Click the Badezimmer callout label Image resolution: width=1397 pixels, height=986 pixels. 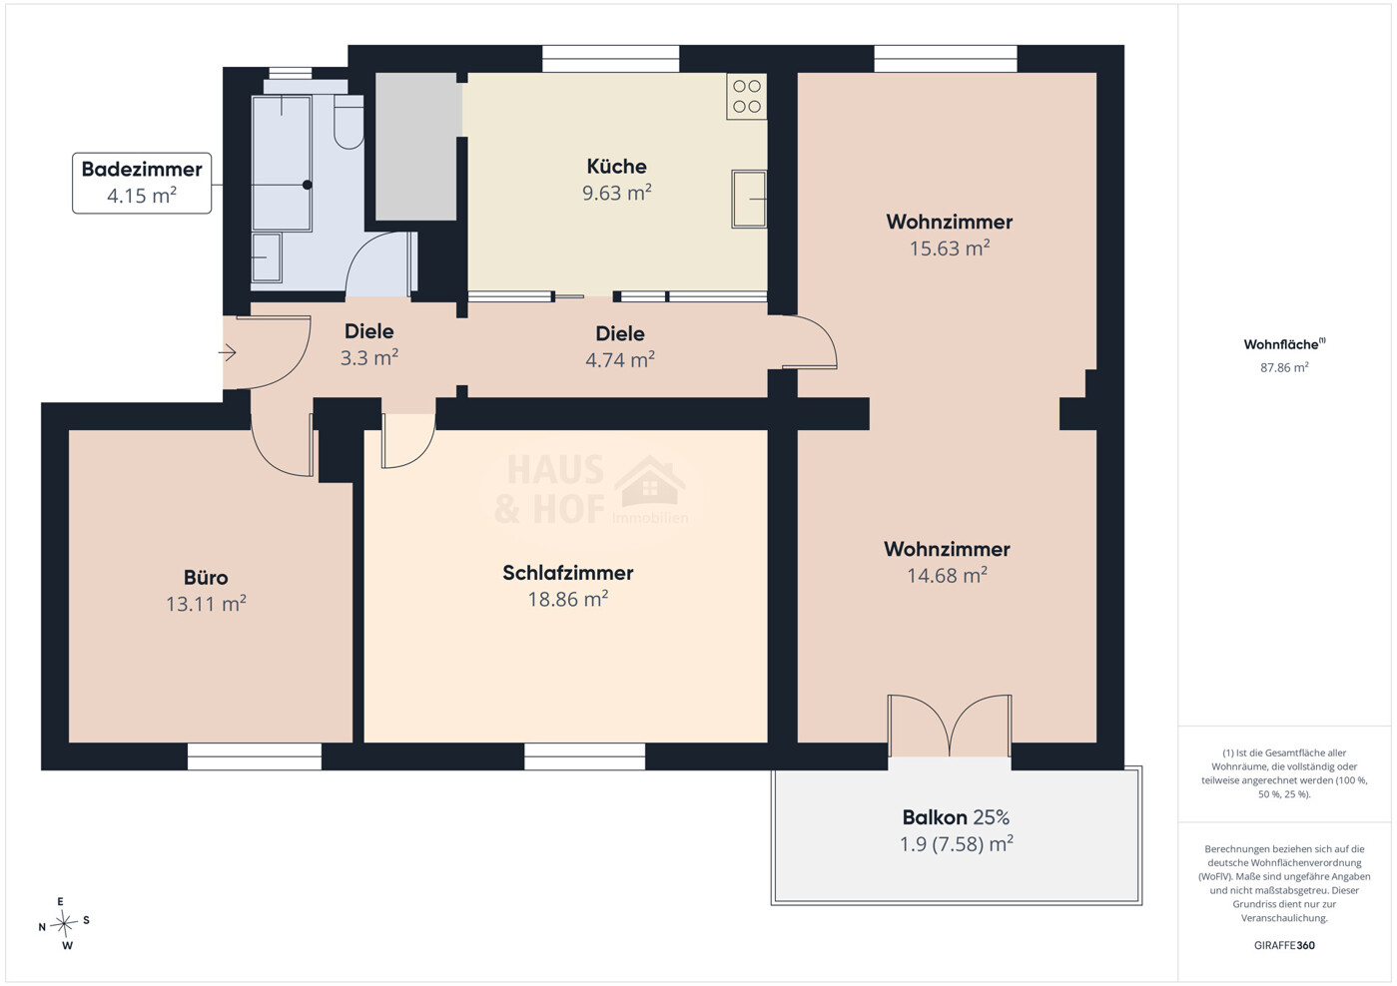pyautogui.click(x=142, y=184)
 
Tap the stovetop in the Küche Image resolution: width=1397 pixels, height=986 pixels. pyautogui.click(x=747, y=96)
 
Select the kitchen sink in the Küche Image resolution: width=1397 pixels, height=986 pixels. pyautogui.click(x=749, y=199)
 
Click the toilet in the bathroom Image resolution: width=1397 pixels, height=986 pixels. pyautogui.click(x=349, y=122)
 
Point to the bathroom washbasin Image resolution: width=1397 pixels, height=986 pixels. pyautogui.click(x=267, y=257)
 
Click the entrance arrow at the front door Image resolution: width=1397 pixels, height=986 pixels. pyautogui.click(x=227, y=352)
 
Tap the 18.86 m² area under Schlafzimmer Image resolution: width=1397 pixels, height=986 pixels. pyautogui.click(x=567, y=599)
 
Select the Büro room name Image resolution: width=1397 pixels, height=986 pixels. pyautogui.click(x=206, y=577)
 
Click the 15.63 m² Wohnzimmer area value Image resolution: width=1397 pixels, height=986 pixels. pyautogui.click(x=950, y=248)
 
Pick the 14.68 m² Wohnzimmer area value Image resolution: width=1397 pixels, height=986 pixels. pyautogui.click(x=947, y=575)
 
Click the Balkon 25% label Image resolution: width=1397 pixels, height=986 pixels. pyautogui.click(x=956, y=817)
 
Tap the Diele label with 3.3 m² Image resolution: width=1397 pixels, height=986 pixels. pyautogui.click(x=369, y=331)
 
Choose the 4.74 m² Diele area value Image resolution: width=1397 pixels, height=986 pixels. pyautogui.click(x=620, y=359)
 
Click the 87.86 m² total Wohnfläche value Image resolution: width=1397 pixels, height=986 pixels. pyautogui.click(x=1284, y=367)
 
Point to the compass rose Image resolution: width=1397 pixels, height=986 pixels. pyautogui.click(x=64, y=924)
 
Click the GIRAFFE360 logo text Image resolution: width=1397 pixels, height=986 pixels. pyautogui.click(x=1284, y=945)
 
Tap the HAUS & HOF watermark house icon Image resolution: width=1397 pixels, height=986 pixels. pyautogui.click(x=650, y=481)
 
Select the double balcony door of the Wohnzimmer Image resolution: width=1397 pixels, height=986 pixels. pyautogui.click(x=950, y=726)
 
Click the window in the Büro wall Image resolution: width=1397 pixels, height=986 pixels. pyautogui.click(x=255, y=756)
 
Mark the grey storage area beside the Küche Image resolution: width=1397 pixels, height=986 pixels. pyautogui.click(x=416, y=147)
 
